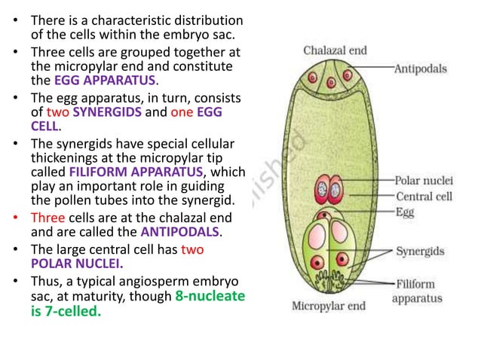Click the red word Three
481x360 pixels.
point(47,217)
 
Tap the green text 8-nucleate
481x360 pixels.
point(210,296)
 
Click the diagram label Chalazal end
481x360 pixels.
point(335,51)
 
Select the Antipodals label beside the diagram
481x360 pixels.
point(420,69)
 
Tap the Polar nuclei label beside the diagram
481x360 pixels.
point(423,181)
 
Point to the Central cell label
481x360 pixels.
point(424,197)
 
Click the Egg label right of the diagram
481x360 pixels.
point(404,212)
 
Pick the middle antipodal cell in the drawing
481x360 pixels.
point(329,77)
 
